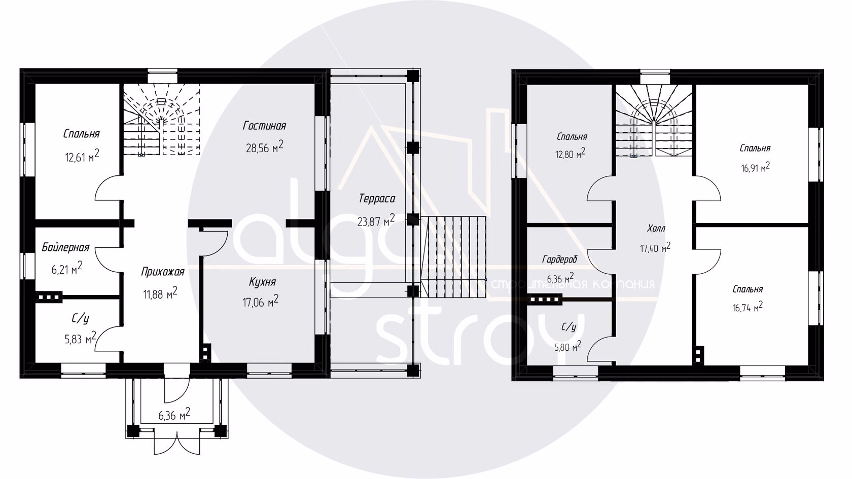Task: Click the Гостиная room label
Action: pos(264,126)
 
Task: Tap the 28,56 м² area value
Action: pos(265,147)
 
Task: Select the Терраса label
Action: pos(377,199)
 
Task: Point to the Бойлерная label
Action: pos(65,247)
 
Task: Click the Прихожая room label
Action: pos(162,272)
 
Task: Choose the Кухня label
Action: pos(263,282)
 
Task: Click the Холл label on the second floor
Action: pos(656,229)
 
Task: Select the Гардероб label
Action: pos(559,260)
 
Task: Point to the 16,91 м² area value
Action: pos(756,167)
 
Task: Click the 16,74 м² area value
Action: pos(748,307)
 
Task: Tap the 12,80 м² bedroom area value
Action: pos(570,154)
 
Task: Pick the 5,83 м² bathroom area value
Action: pos(80,338)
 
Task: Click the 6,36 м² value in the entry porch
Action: pos(174,415)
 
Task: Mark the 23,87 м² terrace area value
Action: pos(376,220)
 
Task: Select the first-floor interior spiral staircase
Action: pos(162,120)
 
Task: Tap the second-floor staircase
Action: pos(654,120)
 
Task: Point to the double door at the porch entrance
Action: pos(177,444)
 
